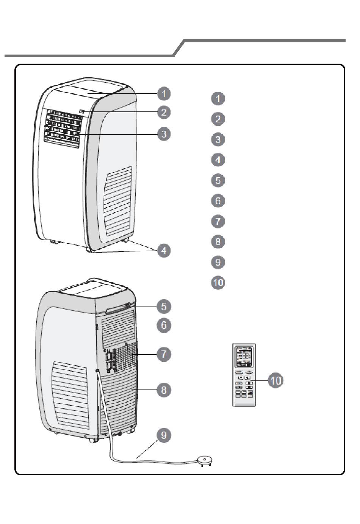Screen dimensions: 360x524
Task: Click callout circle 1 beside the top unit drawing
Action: click(164, 94)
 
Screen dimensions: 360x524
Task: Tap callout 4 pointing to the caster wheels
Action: click(164, 250)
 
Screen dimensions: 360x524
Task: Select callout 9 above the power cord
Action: click(164, 435)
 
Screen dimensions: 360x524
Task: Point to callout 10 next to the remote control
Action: click(275, 380)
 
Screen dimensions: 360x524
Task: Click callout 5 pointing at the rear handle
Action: click(164, 306)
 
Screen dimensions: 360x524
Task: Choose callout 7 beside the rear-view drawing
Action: click(164, 354)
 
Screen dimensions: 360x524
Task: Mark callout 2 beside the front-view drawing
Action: click(164, 112)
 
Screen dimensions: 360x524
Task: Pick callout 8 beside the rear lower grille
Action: click(164, 390)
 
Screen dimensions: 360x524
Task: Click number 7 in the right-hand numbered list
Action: click(218, 221)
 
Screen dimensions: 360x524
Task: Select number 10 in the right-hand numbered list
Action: click(218, 283)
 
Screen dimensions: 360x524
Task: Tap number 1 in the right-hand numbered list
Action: click(218, 99)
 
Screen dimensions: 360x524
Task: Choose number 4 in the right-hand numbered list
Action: click(218, 160)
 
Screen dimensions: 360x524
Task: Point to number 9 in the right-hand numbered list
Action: click(218, 262)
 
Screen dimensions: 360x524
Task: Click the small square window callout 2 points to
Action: click(82, 111)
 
